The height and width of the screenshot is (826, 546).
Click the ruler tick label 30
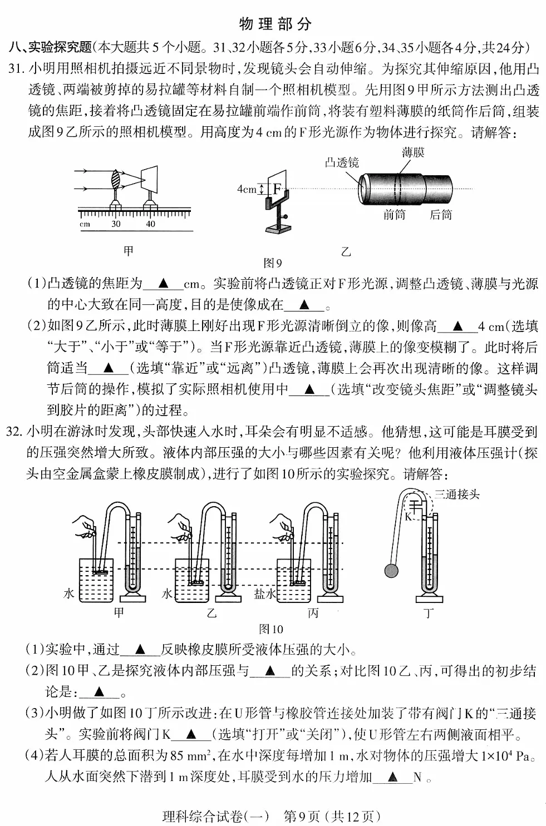coord(116,224)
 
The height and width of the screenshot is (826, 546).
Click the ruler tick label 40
coord(150,224)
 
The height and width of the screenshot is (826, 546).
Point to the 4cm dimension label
coord(247,189)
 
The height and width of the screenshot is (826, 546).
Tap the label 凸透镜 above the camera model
coord(342,162)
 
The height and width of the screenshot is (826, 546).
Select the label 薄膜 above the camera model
coord(412,152)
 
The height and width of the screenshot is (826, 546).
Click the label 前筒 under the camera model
coord(394,215)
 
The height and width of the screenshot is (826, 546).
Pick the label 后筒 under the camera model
coord(441,215)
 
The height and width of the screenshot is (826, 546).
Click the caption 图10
coord(271,629)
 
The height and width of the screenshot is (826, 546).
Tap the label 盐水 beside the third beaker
coord(265,593)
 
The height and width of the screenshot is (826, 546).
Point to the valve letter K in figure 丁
coord(407,516)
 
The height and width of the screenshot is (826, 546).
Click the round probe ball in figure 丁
coord(391,570)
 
